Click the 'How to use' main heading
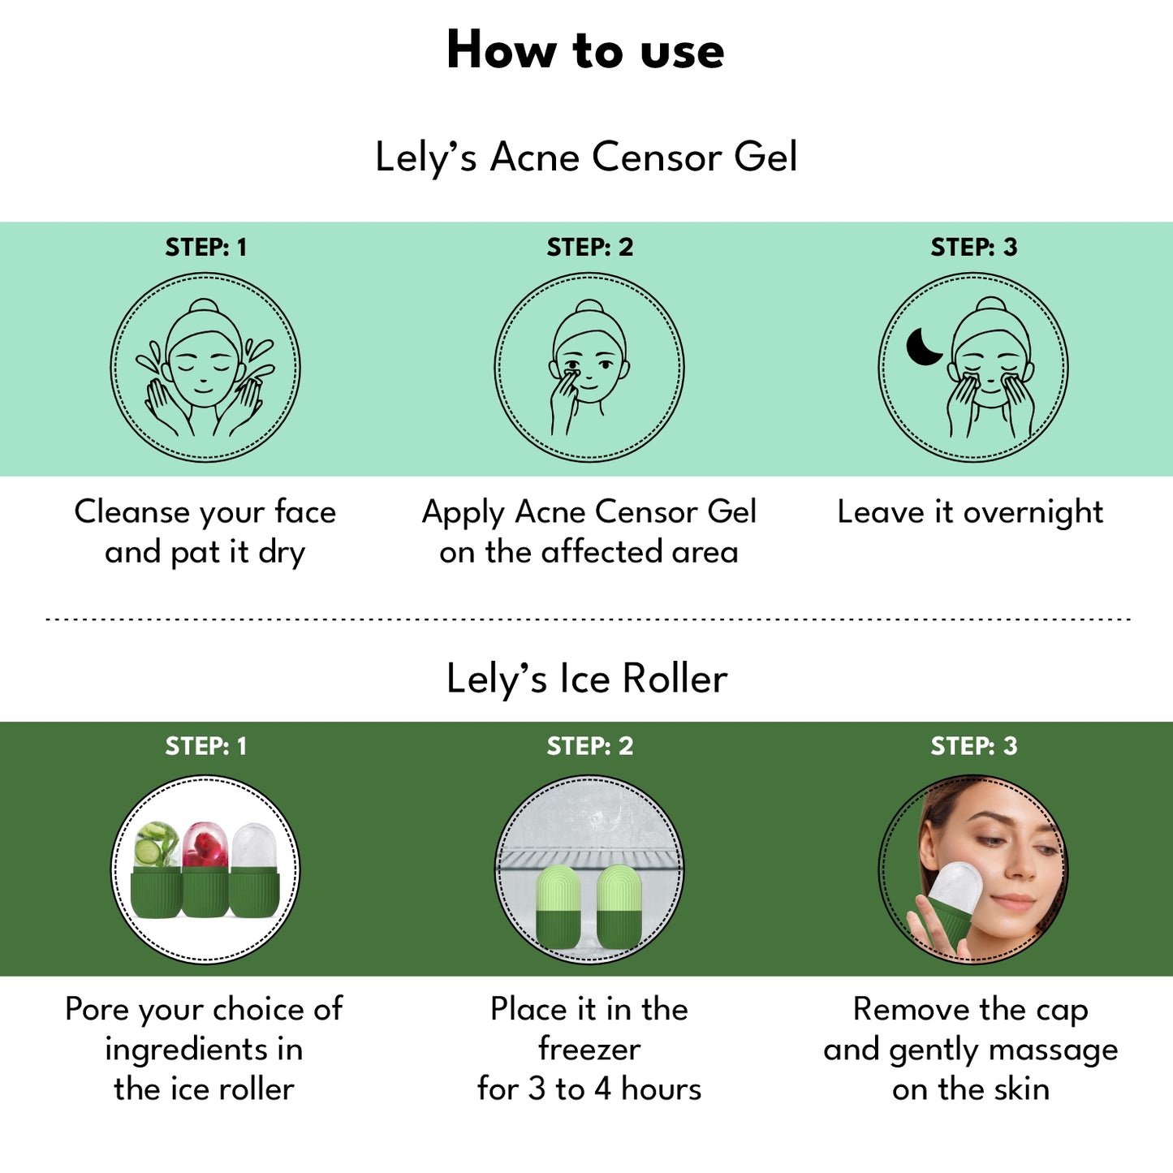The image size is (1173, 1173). point(585,51)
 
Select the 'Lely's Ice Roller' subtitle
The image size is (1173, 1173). point(587,679)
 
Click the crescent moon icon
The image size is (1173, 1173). point(924,347)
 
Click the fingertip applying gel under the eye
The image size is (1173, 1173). point(571,372)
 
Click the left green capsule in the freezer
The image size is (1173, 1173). point(558,907)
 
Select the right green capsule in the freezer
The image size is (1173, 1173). point(619,907)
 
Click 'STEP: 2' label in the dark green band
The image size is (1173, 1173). point(590,746)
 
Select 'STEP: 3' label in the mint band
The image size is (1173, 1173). point(974,247)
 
